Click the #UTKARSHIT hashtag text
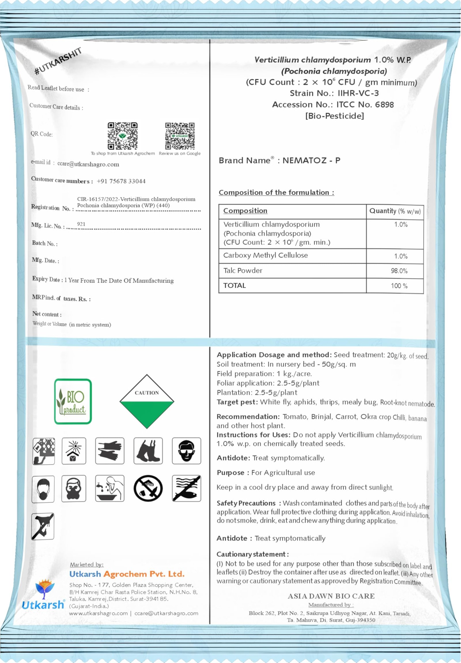point(58,61)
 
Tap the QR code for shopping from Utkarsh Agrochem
point(123,136)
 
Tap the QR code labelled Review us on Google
point(180,136)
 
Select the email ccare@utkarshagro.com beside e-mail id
point(88,164)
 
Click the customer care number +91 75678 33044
point(121,181)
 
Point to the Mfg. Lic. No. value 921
point(81,224)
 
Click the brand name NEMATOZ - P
point(311,161)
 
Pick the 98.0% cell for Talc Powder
point(399,271)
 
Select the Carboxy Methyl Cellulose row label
point(265,255)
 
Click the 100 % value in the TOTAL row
point(399,286)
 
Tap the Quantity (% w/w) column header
point(395,211)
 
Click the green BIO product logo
point(73,401)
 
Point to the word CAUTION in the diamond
point(147,393)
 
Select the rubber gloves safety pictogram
point(110,451)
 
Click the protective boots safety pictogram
point(148,451)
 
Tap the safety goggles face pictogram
point(186,451)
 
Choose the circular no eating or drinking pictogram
point(148,488)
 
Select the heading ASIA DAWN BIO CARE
point(331,596)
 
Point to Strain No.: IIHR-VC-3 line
point(334,93)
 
